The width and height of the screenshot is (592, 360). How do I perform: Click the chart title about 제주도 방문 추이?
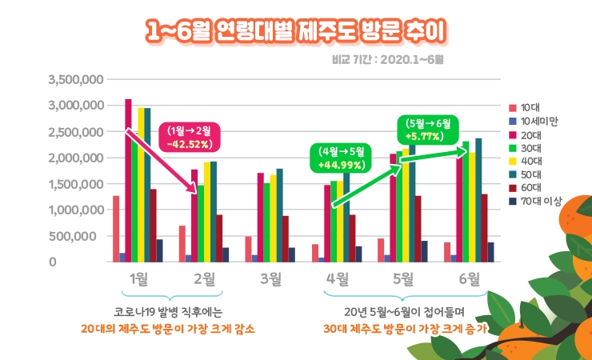click(296, 31)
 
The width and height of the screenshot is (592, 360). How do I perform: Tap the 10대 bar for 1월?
click(116, 229)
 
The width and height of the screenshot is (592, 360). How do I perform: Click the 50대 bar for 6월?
click(478, 200)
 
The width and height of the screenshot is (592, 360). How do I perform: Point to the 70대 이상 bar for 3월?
click(291, 254)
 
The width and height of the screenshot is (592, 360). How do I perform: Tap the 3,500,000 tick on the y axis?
click(75, 79)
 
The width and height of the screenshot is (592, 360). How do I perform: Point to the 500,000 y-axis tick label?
click(81, 236)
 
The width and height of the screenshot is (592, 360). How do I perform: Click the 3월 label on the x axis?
click(271, 278)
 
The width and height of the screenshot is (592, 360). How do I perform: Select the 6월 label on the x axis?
click(468, 278)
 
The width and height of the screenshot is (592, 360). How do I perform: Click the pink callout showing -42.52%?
click(189, 138)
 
